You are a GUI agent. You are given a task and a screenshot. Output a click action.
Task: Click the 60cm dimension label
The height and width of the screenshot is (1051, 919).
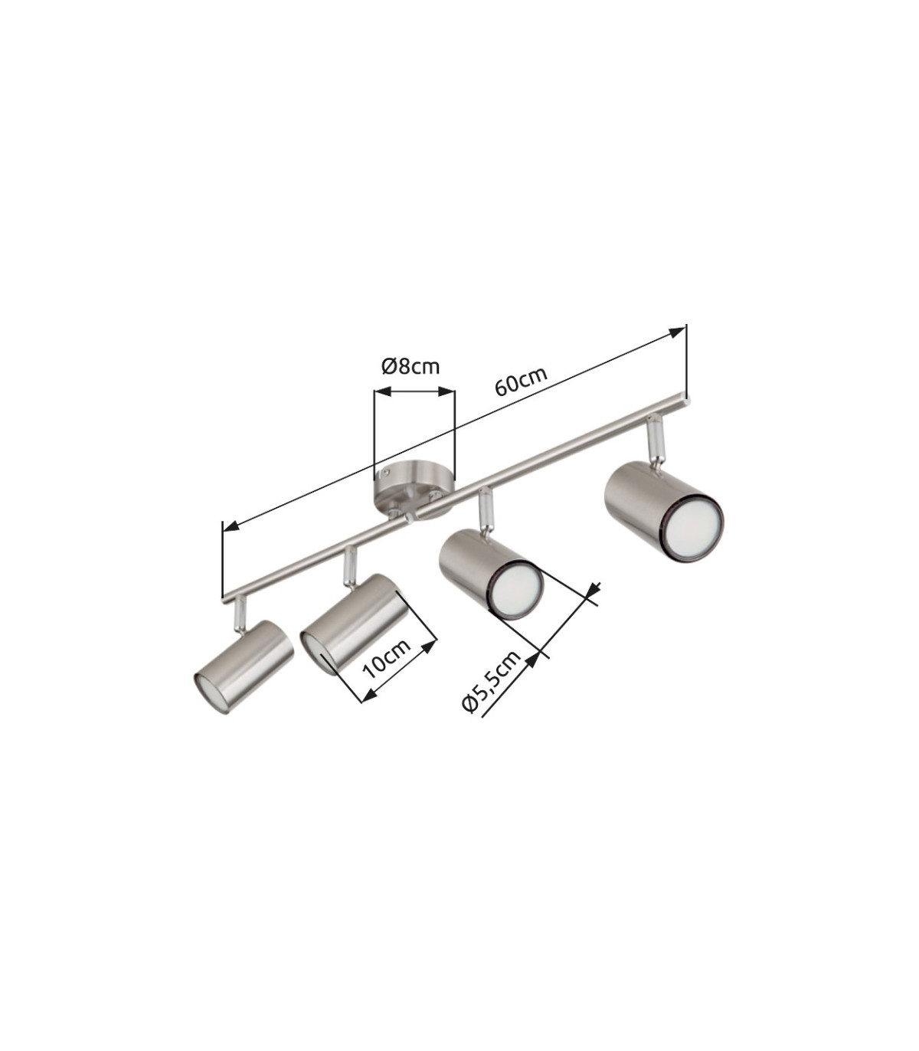521,381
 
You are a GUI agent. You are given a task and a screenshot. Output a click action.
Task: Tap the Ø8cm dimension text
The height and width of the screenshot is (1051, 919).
410,366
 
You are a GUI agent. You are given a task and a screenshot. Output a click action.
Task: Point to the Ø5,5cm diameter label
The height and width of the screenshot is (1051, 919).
492,681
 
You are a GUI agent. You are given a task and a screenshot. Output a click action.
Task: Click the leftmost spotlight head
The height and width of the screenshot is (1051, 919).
244,666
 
